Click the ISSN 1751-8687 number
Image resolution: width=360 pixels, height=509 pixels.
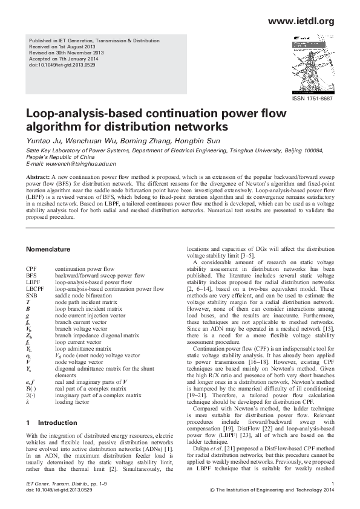(x=312, y=99)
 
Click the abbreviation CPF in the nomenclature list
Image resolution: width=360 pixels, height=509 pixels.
(x=31, y=268)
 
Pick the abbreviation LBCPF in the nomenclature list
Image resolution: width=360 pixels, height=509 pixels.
(x=34, y=289)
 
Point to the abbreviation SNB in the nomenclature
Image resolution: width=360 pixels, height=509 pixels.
(x=32, y=296)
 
